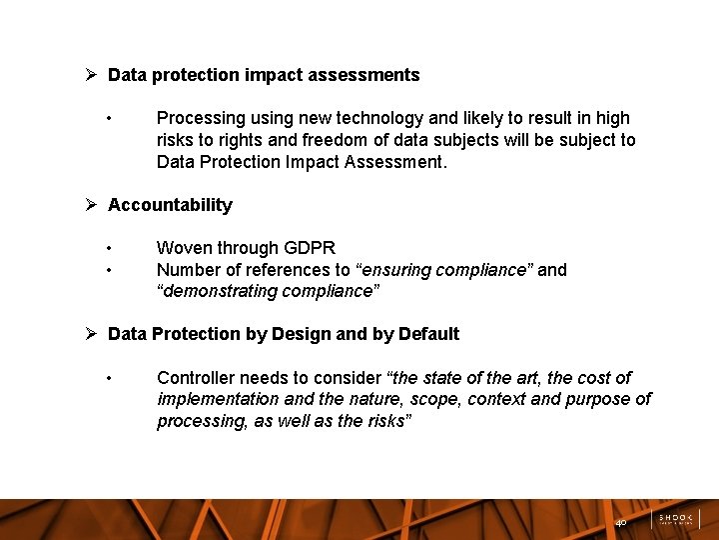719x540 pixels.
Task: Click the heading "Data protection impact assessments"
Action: point(264,75)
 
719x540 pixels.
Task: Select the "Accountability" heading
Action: point(170,205)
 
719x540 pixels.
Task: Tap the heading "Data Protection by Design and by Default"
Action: point(284,334)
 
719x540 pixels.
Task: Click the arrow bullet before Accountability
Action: point(90,205)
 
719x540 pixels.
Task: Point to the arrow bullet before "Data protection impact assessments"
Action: point(90,75)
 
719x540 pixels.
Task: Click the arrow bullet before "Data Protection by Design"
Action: point(90,334)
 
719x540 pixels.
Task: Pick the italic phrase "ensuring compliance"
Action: point(444,270)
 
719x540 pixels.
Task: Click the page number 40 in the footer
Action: point(620,523)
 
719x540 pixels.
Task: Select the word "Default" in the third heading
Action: point(428,334)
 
